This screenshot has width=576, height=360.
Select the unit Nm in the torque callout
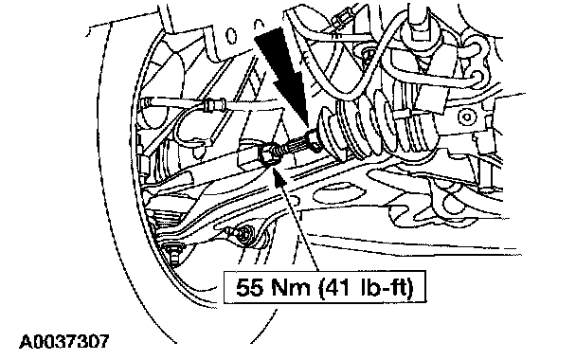click(290, 287)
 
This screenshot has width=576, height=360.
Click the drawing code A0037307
click(63, 341)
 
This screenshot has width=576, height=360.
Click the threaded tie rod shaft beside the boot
click(294, 147)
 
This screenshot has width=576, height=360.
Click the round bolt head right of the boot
click(466, 117)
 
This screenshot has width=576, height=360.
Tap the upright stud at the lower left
click(173, 255)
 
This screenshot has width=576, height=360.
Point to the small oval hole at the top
click(232, 36)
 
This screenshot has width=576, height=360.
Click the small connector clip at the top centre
click(340, 19)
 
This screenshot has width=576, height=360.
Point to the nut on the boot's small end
click(314, 141)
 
